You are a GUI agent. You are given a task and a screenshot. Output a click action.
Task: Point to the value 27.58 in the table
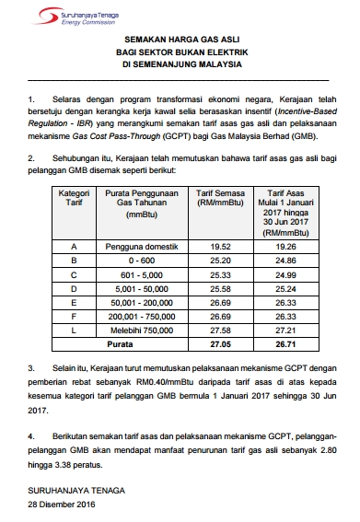click(219, 328)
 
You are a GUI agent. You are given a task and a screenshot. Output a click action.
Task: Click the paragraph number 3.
click(29, 367)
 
